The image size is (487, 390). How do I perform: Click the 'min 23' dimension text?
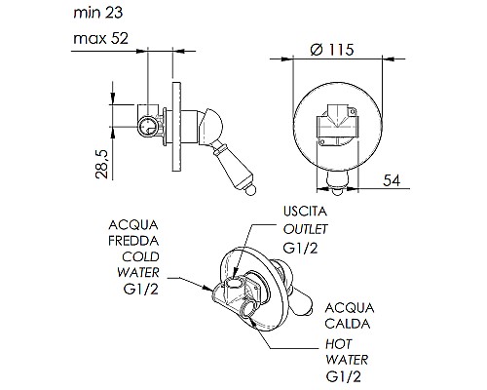[98, 13]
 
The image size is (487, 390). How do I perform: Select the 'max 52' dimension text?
[100, 38]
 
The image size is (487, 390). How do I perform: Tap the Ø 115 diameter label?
[332, 50]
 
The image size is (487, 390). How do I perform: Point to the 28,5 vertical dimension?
[101, 164]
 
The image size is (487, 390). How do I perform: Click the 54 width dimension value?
[392, 180]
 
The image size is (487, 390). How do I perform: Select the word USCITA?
[305, 212]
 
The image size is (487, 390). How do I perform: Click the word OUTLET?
[305, 229]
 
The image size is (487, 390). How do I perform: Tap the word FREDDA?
[133, 241]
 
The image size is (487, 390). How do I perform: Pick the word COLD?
[140, 256]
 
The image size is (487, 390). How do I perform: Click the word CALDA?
[348, 324]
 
